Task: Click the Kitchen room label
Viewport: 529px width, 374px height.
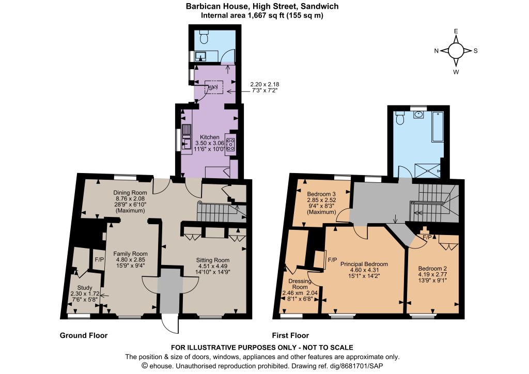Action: click(x=210, y=137)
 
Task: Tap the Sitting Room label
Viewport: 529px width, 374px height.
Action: click(x=213, y=260)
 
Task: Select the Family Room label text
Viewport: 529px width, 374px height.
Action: click(x=130, y=254)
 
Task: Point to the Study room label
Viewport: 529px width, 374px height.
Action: click(x=85, y=288)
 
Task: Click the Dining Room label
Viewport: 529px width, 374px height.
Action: click(x=130, y=193)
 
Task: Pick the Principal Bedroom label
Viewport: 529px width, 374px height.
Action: click(x=364, y=264)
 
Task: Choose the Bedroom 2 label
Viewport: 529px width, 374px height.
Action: click(x=432, y=269)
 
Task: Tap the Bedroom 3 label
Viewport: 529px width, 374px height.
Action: click(x=321, y=194)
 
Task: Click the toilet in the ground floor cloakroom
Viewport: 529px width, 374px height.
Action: click(x=204, y=37)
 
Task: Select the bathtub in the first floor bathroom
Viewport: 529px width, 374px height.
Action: click(x=438, y=126)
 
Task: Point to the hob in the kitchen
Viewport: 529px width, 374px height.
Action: click(x=231, y=144)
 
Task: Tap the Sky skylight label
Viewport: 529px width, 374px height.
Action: click(x=213, y=88)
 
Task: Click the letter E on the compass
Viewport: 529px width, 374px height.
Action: click(x=456, y=32)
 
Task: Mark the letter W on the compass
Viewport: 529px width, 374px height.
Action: click(x=456, y=72)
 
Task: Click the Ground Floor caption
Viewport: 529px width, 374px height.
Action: click(x=84, y=335)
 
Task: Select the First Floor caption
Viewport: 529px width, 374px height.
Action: click(x=290, y=335)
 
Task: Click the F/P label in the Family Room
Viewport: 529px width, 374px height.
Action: click(x=100, y=260)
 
